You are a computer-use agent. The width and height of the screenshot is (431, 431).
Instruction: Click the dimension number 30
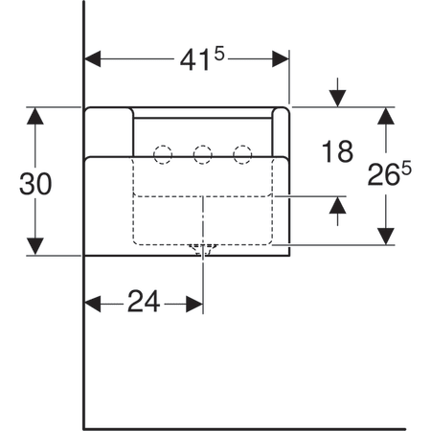[x=35, y=184]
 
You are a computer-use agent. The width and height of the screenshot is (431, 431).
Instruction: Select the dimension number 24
[x=144, y=301]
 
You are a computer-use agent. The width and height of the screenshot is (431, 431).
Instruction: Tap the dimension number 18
[x=337, y=151]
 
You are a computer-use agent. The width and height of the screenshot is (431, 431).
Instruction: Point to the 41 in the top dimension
[x=194, y=59]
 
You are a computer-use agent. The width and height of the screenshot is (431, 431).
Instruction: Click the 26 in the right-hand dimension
[x=384, y=175]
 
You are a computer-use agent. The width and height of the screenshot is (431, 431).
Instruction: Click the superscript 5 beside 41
[x=219, y=54]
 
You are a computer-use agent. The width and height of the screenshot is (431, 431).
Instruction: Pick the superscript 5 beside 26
[x=406, y=169]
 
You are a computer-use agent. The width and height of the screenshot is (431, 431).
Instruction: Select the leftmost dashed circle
[x=163, y=155]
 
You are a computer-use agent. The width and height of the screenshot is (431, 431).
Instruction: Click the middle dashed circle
[x=202, y=155]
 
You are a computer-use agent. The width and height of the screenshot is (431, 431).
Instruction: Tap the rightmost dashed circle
[x=242, y=155]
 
